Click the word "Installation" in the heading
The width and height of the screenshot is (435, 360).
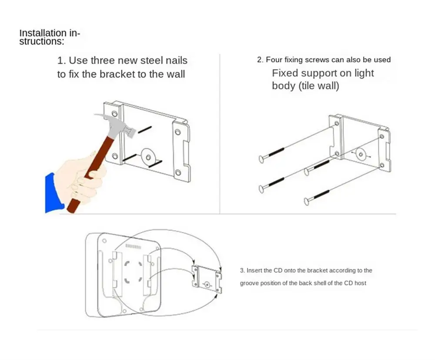point(38,33)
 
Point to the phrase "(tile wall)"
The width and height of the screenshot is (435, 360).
point(318,86)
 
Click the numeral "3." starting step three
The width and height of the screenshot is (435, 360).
point(243,270)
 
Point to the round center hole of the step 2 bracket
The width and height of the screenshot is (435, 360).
point(359,154)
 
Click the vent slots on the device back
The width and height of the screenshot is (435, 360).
point(133,246)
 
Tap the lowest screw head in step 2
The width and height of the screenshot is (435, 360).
point(307,202)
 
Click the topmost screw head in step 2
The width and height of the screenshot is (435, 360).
point(261,159)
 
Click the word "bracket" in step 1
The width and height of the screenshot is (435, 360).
point(117,74)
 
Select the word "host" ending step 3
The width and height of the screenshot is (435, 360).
point(361,283)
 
